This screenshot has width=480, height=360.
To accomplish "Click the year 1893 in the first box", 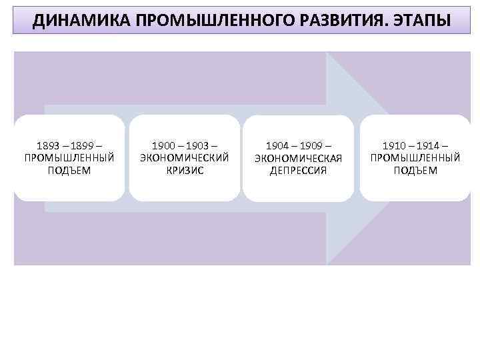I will click(x=48, y=145).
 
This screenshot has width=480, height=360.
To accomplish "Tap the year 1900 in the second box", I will click(x=163, y=145).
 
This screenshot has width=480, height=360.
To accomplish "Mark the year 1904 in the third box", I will click(x=277, y=145).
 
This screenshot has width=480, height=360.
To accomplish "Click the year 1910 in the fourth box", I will click(x=393, y=145).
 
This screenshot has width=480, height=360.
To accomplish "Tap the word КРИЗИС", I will click(x=185, y=170).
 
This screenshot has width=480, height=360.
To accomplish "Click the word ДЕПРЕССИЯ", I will click(x=298, y=170).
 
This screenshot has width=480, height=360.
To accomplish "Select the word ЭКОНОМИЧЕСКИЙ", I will click(x=185, y=158).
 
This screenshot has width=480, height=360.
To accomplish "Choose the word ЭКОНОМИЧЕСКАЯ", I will click(x=298, y=158).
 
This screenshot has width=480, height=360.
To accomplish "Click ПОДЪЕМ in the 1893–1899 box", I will click(x=69, y=170).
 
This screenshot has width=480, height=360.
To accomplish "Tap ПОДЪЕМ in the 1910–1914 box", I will click(x=415, y=170).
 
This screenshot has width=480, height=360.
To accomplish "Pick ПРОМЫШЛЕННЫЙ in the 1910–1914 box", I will click(x=415, y=158).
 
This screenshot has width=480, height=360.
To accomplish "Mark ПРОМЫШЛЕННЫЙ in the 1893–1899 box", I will click(x=69, y=158).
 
